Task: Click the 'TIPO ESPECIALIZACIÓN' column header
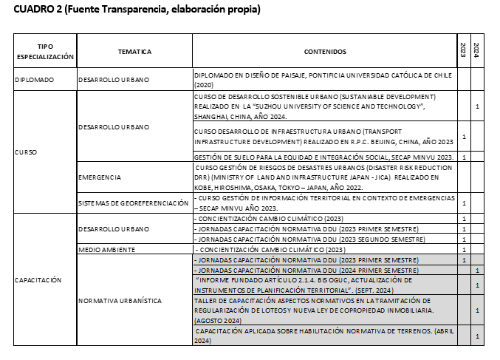point(45,51)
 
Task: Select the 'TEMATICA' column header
point(134,51)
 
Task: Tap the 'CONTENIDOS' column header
point(325,51)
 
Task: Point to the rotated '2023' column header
point(463,50)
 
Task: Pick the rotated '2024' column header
point(476,50)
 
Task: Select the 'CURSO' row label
point(25,152)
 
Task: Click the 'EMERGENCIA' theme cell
point(100,178)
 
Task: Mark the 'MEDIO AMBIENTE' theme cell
point(106,250)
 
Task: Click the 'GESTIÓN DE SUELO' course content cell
point(322,157)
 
